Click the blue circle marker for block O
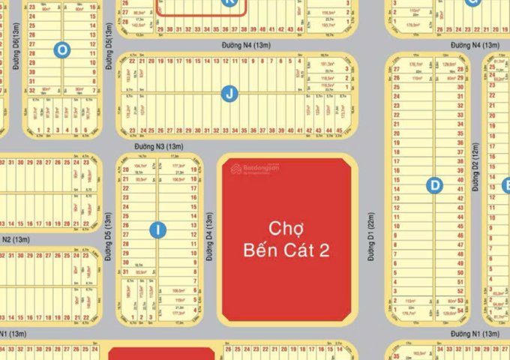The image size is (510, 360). [62, 49]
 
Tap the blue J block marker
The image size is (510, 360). [229, 94]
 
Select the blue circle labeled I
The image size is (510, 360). [157, 230]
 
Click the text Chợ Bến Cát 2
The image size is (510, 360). [286, 238]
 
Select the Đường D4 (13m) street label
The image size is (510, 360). [209, 236]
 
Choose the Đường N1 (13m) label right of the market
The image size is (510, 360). [471, 332]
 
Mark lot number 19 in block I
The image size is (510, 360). [194, 169]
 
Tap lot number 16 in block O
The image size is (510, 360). [92, 6]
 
